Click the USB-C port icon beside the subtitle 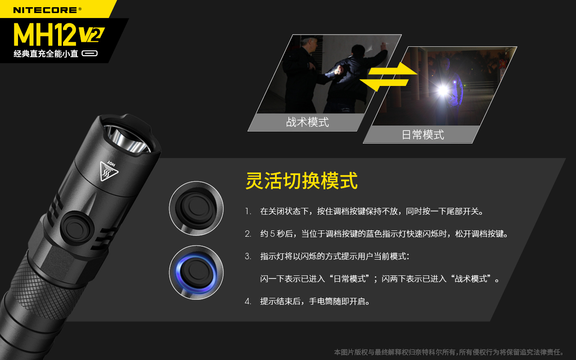(90, 54)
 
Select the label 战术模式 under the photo (307, 122)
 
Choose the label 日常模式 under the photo (423, 135)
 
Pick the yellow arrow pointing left (384, 83)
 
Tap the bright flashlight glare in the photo (443, 90)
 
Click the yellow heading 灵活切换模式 (301, 181)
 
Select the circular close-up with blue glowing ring (196, 272)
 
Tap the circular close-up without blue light (196, 208)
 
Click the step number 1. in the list (248, 211)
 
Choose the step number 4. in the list (248, 301)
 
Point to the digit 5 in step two (272, 234)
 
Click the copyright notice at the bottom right (449, 352)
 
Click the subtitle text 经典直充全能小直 (46, 54)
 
